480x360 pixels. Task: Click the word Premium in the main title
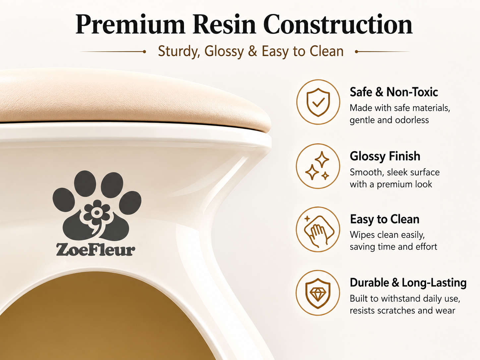[130, 25]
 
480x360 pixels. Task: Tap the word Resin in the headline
[224, 24]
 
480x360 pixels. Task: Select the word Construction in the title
[338, 24]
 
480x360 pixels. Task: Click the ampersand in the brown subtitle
[252, 51]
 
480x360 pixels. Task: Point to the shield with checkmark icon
[318, 102]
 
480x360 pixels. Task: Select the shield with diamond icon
[318, 293]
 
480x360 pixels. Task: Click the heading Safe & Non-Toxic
[393, 92]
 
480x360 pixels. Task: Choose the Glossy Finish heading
[385, 156]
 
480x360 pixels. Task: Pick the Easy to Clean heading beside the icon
[385, 219]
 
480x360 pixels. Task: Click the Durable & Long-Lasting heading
[408, 283]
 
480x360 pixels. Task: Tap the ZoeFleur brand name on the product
[95, 250]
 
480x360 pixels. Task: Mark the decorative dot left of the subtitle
[144, 52]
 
